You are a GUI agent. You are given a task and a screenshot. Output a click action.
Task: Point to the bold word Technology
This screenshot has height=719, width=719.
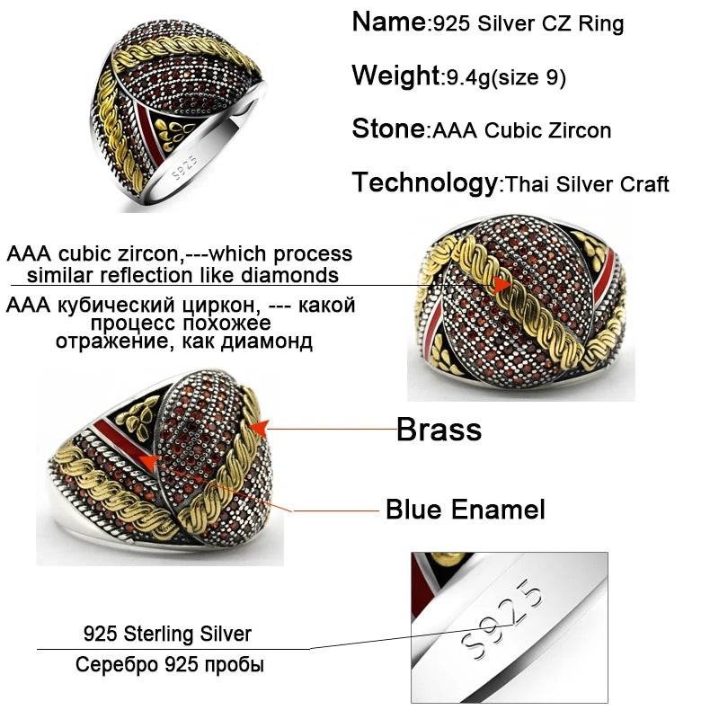(423, 182)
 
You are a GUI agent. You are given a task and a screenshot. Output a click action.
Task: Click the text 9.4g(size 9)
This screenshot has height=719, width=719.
(506, 78)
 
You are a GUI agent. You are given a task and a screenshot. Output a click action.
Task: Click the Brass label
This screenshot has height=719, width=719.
(439, 430)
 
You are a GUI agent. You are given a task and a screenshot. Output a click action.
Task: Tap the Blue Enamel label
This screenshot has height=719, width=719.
(465, 510)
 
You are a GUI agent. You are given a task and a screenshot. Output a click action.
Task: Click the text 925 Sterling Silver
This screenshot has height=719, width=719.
(167, 634)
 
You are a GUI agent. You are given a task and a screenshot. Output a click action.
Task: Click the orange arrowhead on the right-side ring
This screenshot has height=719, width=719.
(504, 287)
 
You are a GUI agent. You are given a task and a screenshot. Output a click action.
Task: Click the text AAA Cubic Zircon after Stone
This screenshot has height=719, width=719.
(521, 130)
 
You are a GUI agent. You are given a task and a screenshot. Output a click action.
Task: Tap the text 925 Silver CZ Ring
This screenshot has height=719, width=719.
(528, 24)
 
